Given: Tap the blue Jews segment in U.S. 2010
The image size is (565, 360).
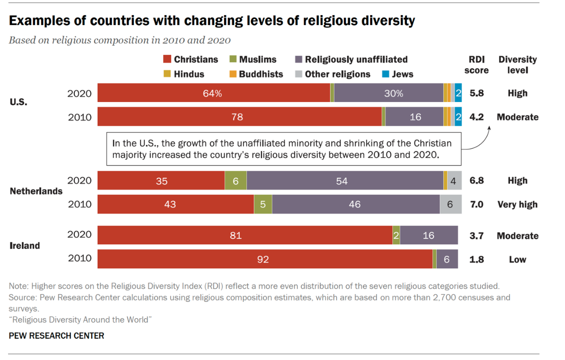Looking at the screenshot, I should tap(458, 117).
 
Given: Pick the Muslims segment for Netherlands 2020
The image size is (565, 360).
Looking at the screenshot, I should tap(235, 181).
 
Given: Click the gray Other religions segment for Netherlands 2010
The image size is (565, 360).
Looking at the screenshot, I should tap(450, 204).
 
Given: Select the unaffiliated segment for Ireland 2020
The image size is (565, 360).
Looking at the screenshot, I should tap(429, 236).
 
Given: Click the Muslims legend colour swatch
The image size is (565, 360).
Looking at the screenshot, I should tap(233, 59).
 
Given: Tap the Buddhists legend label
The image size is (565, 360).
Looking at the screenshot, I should tap(261, 74).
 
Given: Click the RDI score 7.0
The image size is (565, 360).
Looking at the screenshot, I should tap(476, 204).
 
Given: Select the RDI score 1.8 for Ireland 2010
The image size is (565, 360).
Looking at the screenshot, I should tap(476, 259).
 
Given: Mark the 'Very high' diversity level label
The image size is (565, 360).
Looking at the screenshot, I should tap(518, 204).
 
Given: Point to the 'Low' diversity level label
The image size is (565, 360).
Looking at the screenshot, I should tap(518, 259).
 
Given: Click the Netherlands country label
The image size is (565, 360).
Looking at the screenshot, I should tap(36, 191).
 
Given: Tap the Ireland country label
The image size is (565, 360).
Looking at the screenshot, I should tap(25, 246).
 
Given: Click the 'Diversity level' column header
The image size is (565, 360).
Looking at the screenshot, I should tap(518, 65).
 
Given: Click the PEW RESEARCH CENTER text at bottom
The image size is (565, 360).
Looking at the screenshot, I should tap(56, 336).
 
